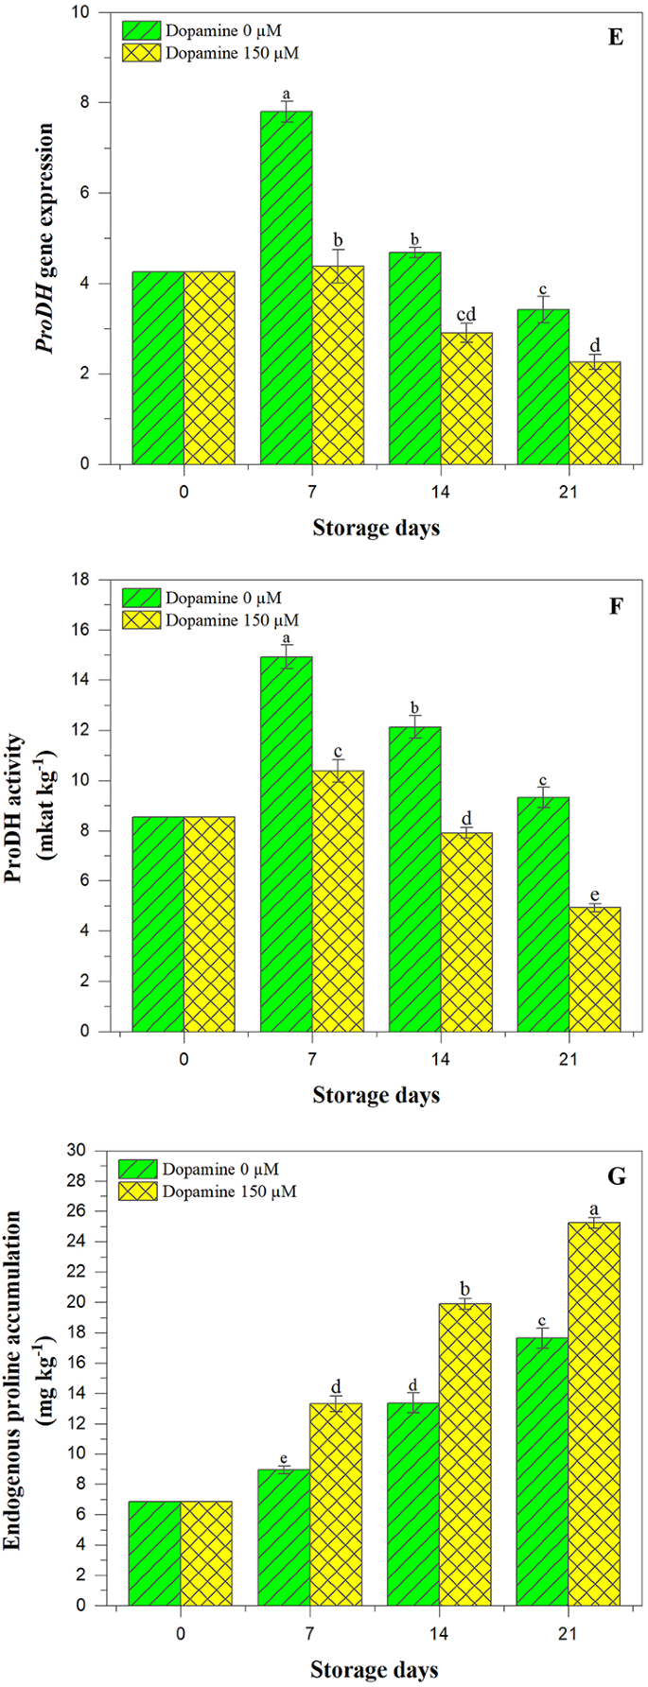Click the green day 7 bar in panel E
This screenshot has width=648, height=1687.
(286, 287)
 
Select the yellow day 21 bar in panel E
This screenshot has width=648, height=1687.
(595, 412)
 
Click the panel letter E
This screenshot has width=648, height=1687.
(616, 39)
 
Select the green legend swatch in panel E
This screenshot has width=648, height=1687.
(140, 30)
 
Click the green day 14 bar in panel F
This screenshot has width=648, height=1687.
(414, 878)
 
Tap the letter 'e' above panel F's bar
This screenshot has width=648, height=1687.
(595, 895)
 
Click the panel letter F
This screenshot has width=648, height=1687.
(616, 606)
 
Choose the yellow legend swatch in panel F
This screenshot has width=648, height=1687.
(140, 620)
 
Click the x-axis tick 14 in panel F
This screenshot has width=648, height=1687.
(440, 1059)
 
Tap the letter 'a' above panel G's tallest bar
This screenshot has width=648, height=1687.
(594, 1209)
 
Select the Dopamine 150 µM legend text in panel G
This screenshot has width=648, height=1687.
(229, 1191)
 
